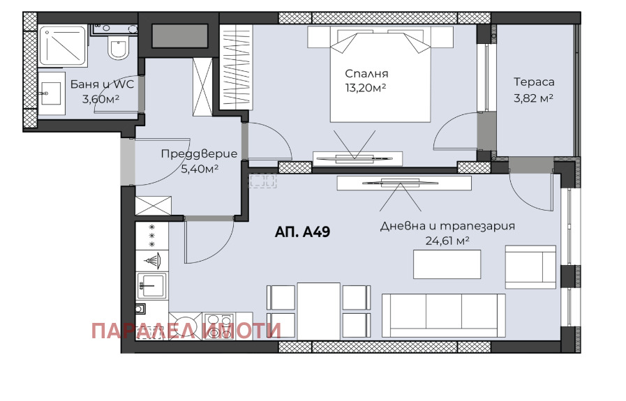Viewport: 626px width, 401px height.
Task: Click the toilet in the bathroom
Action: (x=118, y=50)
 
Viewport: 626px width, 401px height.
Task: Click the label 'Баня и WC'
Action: (x=102, y=84)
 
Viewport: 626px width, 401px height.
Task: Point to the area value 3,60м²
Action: (x=100, y=99)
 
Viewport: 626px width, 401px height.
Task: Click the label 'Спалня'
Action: (x=366, y=73)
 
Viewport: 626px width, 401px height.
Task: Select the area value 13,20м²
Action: (x=366, y=87)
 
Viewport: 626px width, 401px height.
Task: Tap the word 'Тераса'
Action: (x=534, y=82)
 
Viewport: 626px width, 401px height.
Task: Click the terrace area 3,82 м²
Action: (x=534, y=98)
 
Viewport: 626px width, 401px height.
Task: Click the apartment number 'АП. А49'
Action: (x=302, y=232)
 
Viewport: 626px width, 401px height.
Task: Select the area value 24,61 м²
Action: (x=447, y=241)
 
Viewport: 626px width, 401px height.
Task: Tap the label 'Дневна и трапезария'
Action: (x=447, y=226)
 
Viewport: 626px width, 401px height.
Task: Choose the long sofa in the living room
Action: (x=442, y=315)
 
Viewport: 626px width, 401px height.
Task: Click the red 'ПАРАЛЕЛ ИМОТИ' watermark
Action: (x=186, y=330)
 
